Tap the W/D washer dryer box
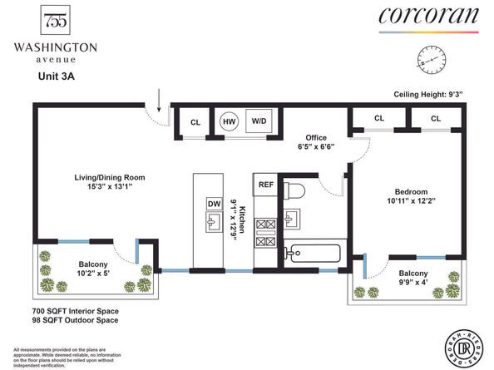coord(259,121)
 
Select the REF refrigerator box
coord(266,185)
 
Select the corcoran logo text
coord(427,17)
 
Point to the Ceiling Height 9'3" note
coord(441,94)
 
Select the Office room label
coord(315,137)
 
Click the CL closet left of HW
coord(195,121)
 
